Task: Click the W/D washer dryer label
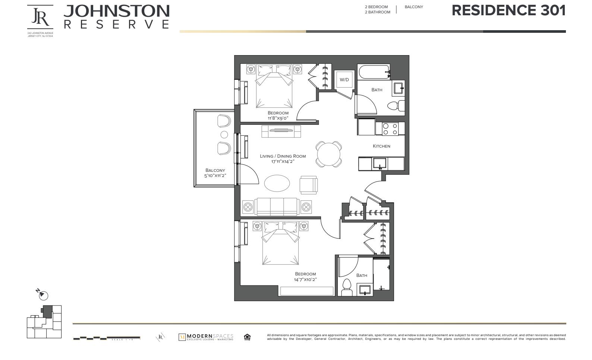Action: pos(344,80)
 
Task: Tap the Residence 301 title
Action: pos(508,11)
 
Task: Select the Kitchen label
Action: pos(381,146)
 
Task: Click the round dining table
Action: pos(328,154)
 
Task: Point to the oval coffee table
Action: pos(277,183)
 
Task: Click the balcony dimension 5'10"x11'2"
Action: pos(215,176)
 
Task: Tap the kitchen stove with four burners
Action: pos(390,129)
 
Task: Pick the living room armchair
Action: pos(308,185)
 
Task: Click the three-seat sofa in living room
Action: pos(277,206)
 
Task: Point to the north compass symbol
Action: pos(42,294)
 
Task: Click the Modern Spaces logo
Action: pos(206,337)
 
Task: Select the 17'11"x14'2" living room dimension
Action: pos(283,161)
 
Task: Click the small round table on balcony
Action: pos(224,135)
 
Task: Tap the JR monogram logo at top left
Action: pos(40,17)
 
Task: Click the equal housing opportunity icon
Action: pos(247,337)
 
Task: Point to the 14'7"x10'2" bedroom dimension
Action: pos(305,280)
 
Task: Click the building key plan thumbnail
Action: pos(44,322)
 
